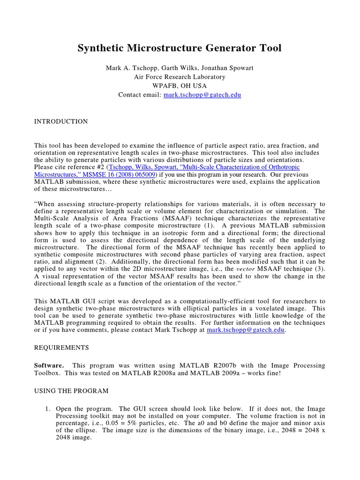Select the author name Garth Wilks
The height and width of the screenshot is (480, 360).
click(x=178, y=68)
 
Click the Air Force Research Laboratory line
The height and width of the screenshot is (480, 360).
click(x=180, y=77)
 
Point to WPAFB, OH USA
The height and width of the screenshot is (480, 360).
click(x=180, y=86)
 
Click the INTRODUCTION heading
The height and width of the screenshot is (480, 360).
click(x=61, y=121)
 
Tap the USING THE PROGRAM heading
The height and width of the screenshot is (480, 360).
click(x=71, y=390)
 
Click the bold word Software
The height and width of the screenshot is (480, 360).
click(x=48, y=366)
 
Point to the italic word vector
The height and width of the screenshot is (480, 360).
click(x=247, y=269)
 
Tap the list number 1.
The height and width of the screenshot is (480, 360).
click(x=47, y=409)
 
